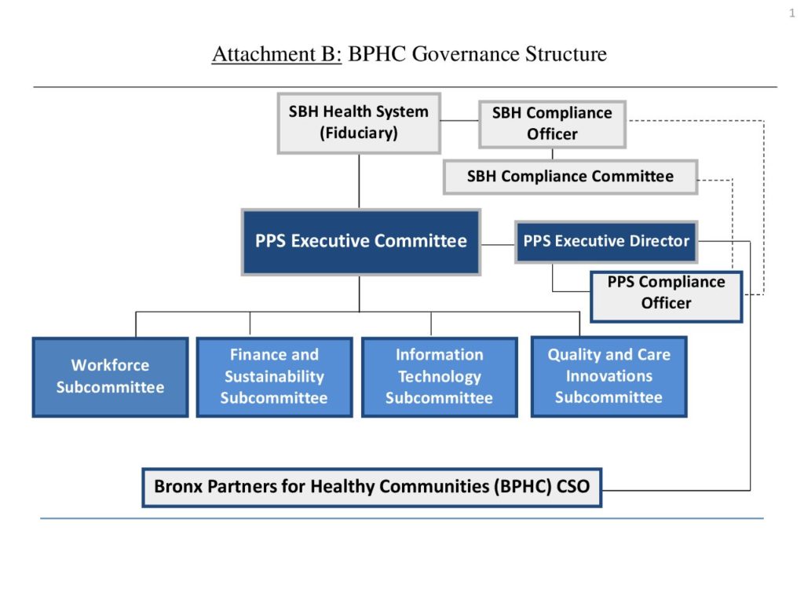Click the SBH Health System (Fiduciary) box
tap(359, 122)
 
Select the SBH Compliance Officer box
tap(552, 124)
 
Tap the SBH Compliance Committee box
tap(570, 177)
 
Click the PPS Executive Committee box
tap(360, 242)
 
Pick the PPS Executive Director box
tap(606, 241)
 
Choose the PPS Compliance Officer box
tap(666, 293)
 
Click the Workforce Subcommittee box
tap(110, 377)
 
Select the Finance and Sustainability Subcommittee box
tap(274, 377)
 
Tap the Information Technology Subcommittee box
tap(439, 377)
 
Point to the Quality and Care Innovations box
tap(608, 376)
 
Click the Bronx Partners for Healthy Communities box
tap(371, 487)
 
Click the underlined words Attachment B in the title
tap(276, 55)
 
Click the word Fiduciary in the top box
tap(359, 133)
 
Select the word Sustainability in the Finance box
tap(274, 377)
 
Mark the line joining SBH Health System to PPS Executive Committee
tap(359, 181)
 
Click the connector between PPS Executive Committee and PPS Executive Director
tap(497, 244)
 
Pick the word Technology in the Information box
tap(439, 377)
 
